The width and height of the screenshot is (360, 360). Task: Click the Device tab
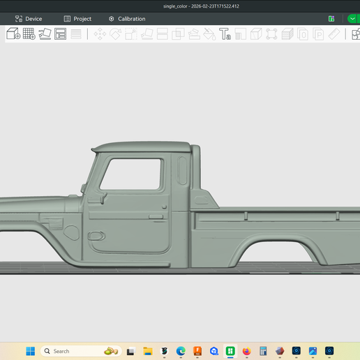click(x=29, y=19)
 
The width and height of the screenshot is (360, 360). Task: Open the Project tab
click(x=77, y=19)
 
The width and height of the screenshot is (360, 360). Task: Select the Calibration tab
click(x=127, y=19)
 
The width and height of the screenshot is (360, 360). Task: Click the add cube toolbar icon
click(x=13, y=33)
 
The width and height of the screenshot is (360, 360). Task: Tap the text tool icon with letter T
click(x=225, y=34)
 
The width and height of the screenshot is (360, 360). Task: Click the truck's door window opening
click(x=130, y=174)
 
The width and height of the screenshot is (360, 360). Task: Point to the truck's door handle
click(x=156, y=217)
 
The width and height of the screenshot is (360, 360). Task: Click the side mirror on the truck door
click(x=103, y=197)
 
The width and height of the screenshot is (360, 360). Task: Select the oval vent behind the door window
click(x=182, y=170)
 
